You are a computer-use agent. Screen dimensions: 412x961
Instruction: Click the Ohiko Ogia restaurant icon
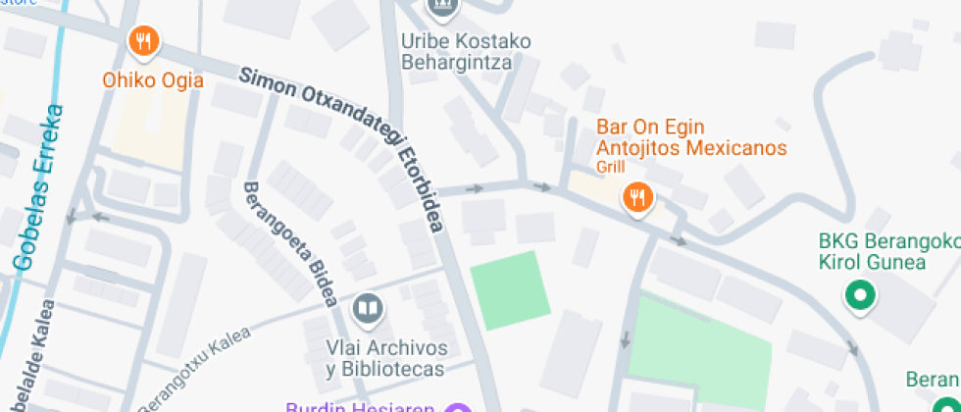pos(144,41)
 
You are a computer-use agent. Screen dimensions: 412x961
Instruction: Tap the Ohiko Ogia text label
pos(153,80)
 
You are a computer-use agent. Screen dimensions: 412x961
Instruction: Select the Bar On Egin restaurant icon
pos(638,198)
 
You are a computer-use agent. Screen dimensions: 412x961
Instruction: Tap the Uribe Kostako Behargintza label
pos(466,52)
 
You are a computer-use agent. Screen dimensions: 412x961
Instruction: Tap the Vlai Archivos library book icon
pos(368,310)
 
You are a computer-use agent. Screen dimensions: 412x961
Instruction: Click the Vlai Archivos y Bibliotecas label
pos(386,359)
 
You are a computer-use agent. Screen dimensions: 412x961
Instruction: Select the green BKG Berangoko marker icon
pos(860,294)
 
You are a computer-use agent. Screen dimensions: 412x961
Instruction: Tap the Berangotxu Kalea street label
pos(196,371)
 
